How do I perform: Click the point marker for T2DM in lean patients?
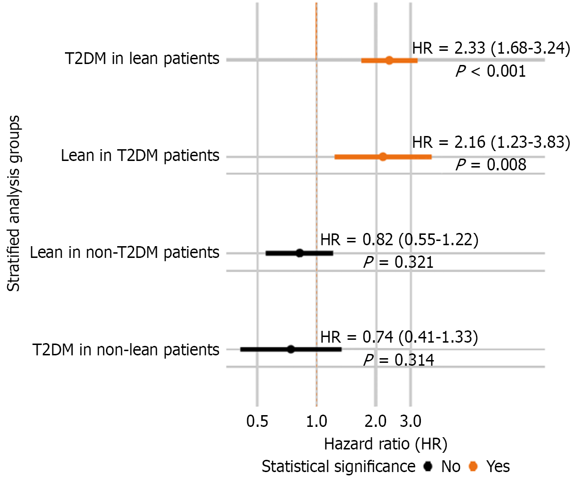coord(389,60)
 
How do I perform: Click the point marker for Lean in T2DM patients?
coord(383,157)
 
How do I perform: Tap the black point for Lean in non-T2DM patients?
coord(299,253)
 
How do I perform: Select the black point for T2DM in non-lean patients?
coord(291,349)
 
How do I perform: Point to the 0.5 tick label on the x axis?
coord(258,421)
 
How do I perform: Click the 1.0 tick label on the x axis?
coord(316,421)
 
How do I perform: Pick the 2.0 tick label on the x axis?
coord(376,421)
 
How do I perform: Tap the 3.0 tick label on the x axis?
coord(411,421)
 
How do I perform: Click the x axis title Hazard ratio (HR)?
coord(386,444)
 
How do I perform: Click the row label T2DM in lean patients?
coord(142,59)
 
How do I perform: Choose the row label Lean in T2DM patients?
coord(140,156)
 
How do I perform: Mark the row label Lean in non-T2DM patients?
coord(125,253)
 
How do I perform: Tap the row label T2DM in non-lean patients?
coord(126,350)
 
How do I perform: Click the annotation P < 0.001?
coord(491,72)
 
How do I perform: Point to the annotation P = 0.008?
coord(491,165)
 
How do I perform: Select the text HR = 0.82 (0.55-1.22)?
coord(399,240)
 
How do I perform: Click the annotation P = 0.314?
coord(398,361)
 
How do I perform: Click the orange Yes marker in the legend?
coord(474,466)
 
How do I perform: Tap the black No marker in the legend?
coord(428,466)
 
